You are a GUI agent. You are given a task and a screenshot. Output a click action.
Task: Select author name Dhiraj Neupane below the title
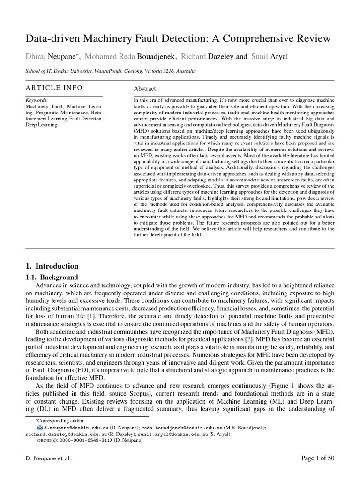click(48, 57)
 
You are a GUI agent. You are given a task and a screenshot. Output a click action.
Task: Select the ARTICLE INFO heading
click(54, 88)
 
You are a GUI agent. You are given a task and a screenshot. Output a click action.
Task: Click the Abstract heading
click(145, 89)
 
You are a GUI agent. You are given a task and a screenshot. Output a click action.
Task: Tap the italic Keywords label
click(37, 100)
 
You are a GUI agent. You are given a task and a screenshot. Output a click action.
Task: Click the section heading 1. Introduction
click(52, 266)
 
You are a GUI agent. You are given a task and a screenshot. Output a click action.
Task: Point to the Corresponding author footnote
click(53, 421)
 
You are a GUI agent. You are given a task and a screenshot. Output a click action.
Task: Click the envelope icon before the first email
click(40, 428)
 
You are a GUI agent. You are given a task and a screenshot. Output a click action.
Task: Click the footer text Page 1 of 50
click(318, 458)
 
